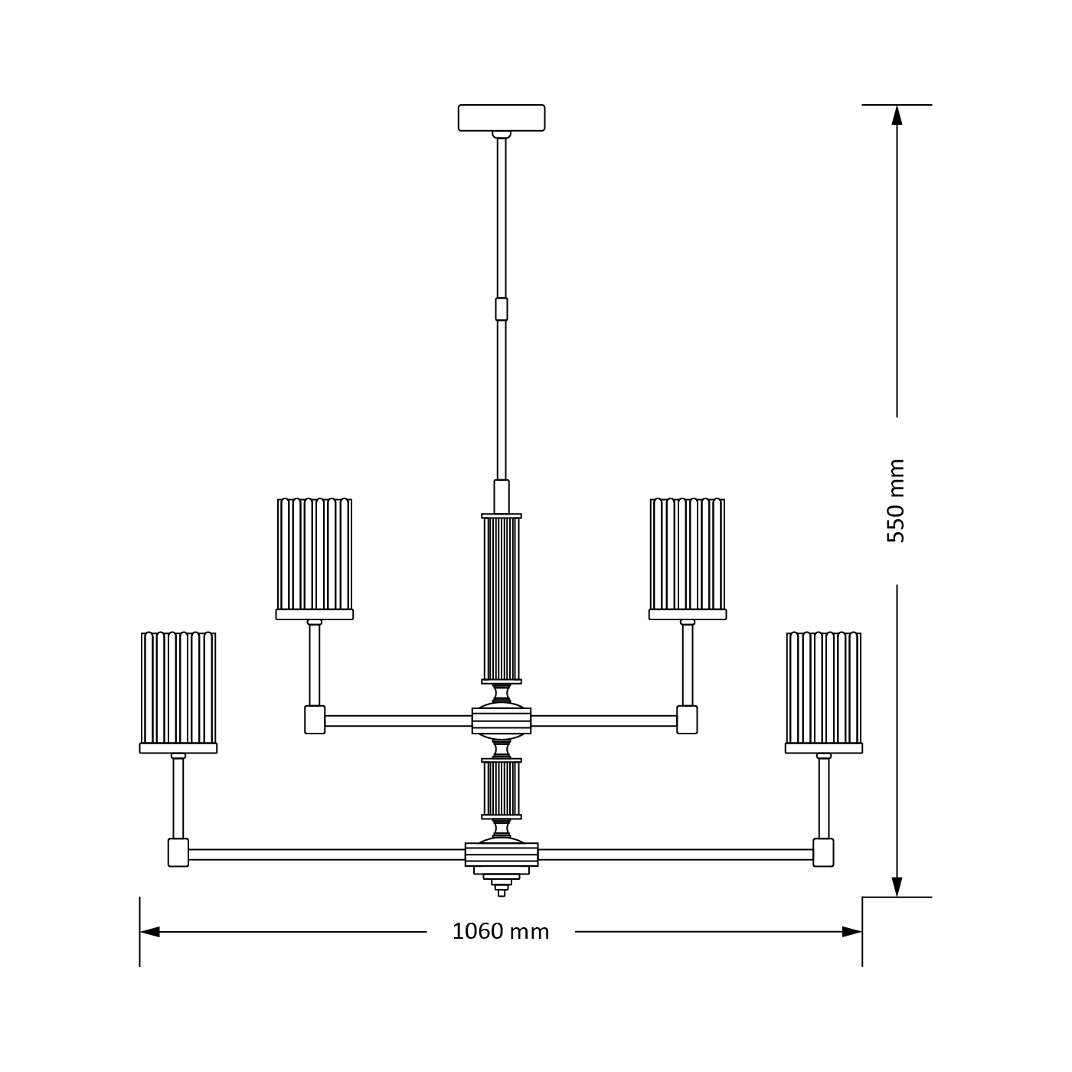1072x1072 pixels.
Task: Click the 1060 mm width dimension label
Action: [501, 931]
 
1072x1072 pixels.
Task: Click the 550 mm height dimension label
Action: [896, 502]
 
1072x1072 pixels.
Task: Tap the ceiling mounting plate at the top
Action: [502, 118]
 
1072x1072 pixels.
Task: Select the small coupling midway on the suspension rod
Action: [502, 309]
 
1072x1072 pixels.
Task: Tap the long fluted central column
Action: [502, 599]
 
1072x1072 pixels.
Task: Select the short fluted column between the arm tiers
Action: [502, 789]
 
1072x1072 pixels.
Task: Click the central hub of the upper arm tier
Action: [502, 721]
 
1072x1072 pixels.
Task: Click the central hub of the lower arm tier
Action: [502, 855]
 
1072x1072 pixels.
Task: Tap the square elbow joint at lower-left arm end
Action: [178, 852]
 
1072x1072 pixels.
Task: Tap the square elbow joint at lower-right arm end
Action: [824, 852]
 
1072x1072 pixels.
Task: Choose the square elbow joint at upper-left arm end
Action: [315, 720]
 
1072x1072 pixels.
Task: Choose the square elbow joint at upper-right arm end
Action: [688, 720]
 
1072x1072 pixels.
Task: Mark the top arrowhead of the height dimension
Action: [897, 115]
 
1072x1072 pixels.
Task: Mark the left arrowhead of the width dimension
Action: [150, 932]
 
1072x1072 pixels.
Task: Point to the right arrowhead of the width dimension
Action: [851, 932]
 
